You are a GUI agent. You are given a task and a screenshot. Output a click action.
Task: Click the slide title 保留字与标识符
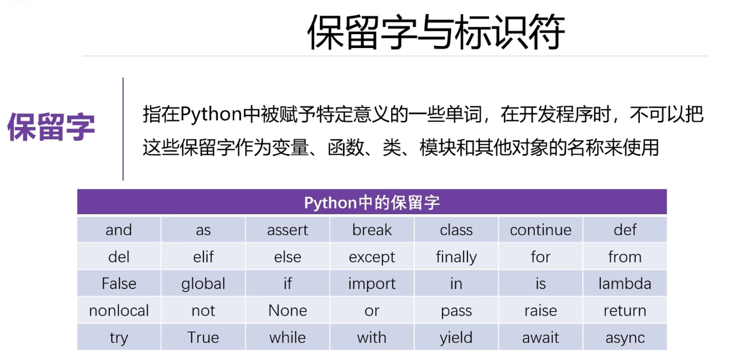pyautogui.click(x=436, y=32)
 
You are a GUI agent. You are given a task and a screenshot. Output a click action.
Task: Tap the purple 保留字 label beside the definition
pyautogui.click(x=51, y=127)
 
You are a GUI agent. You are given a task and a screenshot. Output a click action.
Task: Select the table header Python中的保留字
pyautogui.click(x=372, y=202)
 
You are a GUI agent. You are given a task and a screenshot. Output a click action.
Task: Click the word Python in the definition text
pyautogui.click(x=211, y=114)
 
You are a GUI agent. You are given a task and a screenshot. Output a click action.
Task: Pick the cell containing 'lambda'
pyautogui.click(x=625, y=283)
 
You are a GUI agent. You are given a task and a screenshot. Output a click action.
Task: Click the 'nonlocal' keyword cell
pyautogui.click(x=119, y=310)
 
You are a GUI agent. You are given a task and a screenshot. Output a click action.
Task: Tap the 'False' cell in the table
pyautogui.click(x=119, y=283)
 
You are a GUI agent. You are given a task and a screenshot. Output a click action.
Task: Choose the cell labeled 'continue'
pyautogui.click(x=541, y=230)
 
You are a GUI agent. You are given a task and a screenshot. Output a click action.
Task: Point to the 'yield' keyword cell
pyautogui.click(x=456, y=337)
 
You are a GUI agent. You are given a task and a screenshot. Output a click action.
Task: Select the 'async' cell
pyautogui.click(x=625, y=337)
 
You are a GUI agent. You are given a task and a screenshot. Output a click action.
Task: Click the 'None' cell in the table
pyautogui.click(x=288, y=310)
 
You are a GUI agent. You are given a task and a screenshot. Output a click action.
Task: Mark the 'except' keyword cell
pyautogui.click(x=372, y=256)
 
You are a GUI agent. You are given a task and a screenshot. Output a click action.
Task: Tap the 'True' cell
pyautogui.click(x=203, y=337)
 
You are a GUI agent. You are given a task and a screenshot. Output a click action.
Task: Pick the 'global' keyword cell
pyautogui.click(x=203, y=283)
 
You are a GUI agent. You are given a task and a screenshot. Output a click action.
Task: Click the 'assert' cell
pyautogui.click(x=288, y=230)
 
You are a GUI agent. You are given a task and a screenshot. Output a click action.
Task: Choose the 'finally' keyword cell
pyautogui.click(x=456, y=256)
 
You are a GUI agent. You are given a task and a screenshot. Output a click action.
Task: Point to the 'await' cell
pyautogui.click(x=541, y=337)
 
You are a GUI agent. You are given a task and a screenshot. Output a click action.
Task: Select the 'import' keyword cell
pyautogui.click(x=372, y=283)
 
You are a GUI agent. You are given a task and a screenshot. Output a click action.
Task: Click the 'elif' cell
pyautogui.click(x=203, y=256)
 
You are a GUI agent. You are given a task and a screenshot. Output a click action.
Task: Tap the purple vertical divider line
pyautogui.click(x=123, y=129)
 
